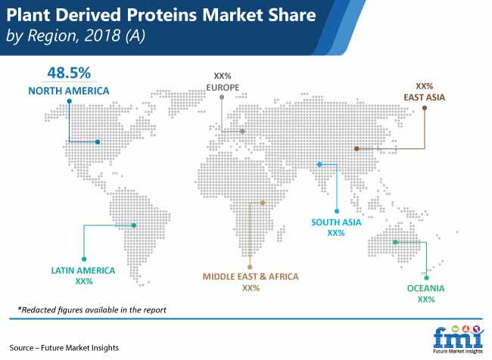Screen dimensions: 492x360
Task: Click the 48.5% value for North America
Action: click(69, 73)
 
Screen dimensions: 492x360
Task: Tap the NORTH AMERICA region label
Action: click(69, 91)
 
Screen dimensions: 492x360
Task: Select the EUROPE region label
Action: click(223, 88)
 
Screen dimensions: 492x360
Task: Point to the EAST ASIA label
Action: click(424, 98)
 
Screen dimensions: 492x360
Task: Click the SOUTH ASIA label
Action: click(336, 222)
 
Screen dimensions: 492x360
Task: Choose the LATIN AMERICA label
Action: click(83, 270)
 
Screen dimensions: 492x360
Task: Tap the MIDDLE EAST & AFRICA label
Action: click(251, 277)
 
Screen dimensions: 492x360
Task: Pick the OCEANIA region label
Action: click(426, 288)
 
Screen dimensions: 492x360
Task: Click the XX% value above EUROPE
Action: click(223, 76)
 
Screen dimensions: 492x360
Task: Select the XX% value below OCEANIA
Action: click(426, 299)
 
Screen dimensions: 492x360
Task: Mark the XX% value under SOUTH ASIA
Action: click(336, 233)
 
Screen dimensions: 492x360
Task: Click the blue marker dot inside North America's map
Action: click(98, 142)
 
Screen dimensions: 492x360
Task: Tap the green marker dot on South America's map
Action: click(134, 225)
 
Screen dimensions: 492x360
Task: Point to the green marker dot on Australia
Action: click(395, 242)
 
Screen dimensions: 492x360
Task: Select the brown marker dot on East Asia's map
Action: click(357, 149)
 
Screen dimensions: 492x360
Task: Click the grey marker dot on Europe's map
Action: click(242, 132)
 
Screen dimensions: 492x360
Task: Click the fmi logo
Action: click(458, 340)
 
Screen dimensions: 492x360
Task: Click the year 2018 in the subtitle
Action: click(102, 36)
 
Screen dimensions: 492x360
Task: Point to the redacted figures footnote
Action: click(92, 310)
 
